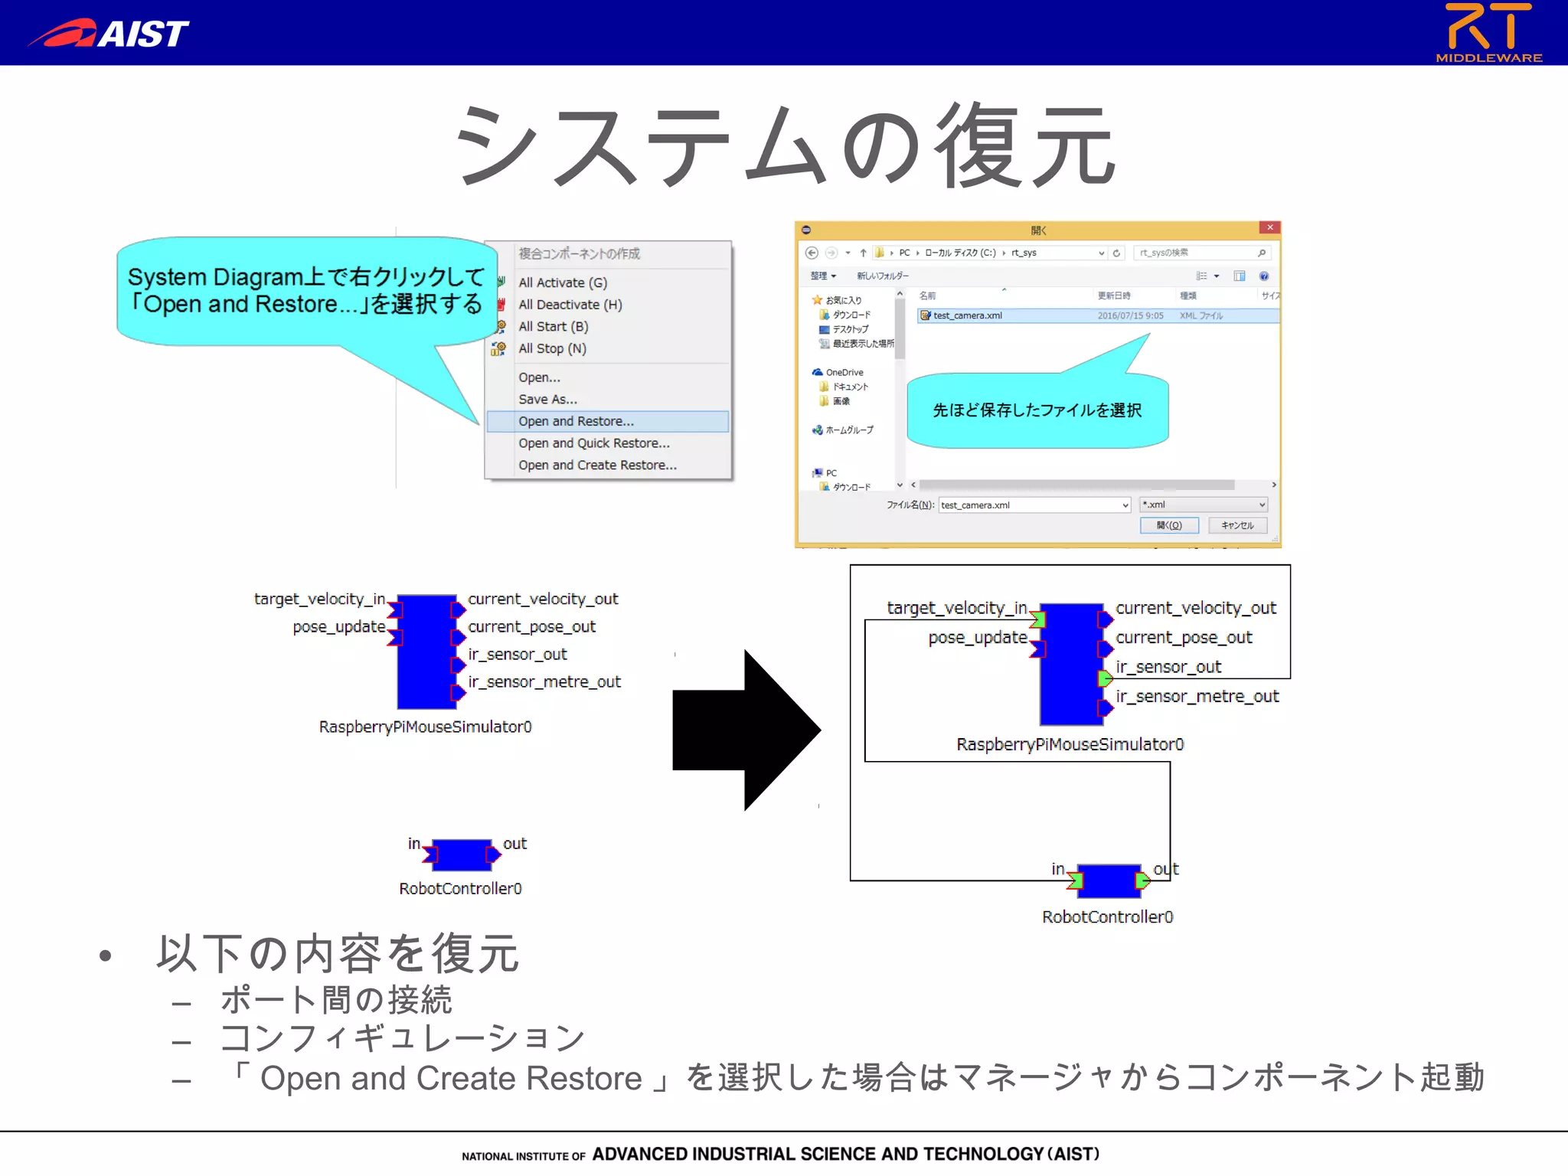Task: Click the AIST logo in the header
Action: [109, 32]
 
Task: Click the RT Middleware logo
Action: [1488, 32]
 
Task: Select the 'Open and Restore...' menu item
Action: [576, 421]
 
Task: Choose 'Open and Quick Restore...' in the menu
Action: [593, 443]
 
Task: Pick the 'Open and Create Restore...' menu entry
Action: [597, 465]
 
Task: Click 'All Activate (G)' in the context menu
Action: [563, 283]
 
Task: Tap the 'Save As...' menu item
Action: [547, 399]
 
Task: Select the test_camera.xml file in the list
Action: [968, 315]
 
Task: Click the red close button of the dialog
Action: [1269, 227]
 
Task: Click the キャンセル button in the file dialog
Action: [1237, 525]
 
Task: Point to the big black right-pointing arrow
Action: [746, 730]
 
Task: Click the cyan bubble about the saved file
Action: [1037, 410]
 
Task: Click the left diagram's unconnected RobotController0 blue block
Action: [461, 855]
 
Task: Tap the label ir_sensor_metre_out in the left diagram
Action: [544, 682]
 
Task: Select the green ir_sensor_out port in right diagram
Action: [1104, 678]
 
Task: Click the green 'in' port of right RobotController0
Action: [1076, 880]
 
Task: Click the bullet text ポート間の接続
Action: [335, 1000]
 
